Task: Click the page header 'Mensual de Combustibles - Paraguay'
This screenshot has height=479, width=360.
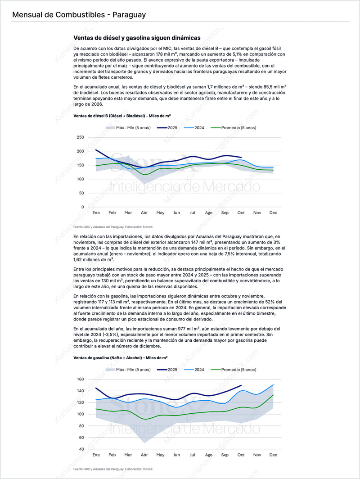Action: pos(79,15)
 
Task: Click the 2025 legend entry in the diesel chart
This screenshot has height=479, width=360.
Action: pos(167,128)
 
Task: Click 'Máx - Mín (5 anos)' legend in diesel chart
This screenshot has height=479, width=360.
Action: pos(128,128)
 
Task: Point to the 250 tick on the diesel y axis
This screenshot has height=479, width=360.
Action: pos(80,137)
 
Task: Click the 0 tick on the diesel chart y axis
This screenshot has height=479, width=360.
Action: pos(83,207)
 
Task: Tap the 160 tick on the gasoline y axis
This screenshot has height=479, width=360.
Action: pos(80,379)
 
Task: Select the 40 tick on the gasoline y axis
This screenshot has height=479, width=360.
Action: pos(81,449)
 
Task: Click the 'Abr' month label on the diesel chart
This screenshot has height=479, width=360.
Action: pos(144,212)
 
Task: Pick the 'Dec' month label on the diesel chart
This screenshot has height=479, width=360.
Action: pos(273,212)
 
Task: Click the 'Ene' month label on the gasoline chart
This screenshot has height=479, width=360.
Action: pos(96,455)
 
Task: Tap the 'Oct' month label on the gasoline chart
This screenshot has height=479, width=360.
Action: pos(241,455)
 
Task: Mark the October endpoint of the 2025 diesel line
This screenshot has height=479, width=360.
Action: pos(241,158)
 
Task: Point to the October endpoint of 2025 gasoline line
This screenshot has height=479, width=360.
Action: pos(241,385)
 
